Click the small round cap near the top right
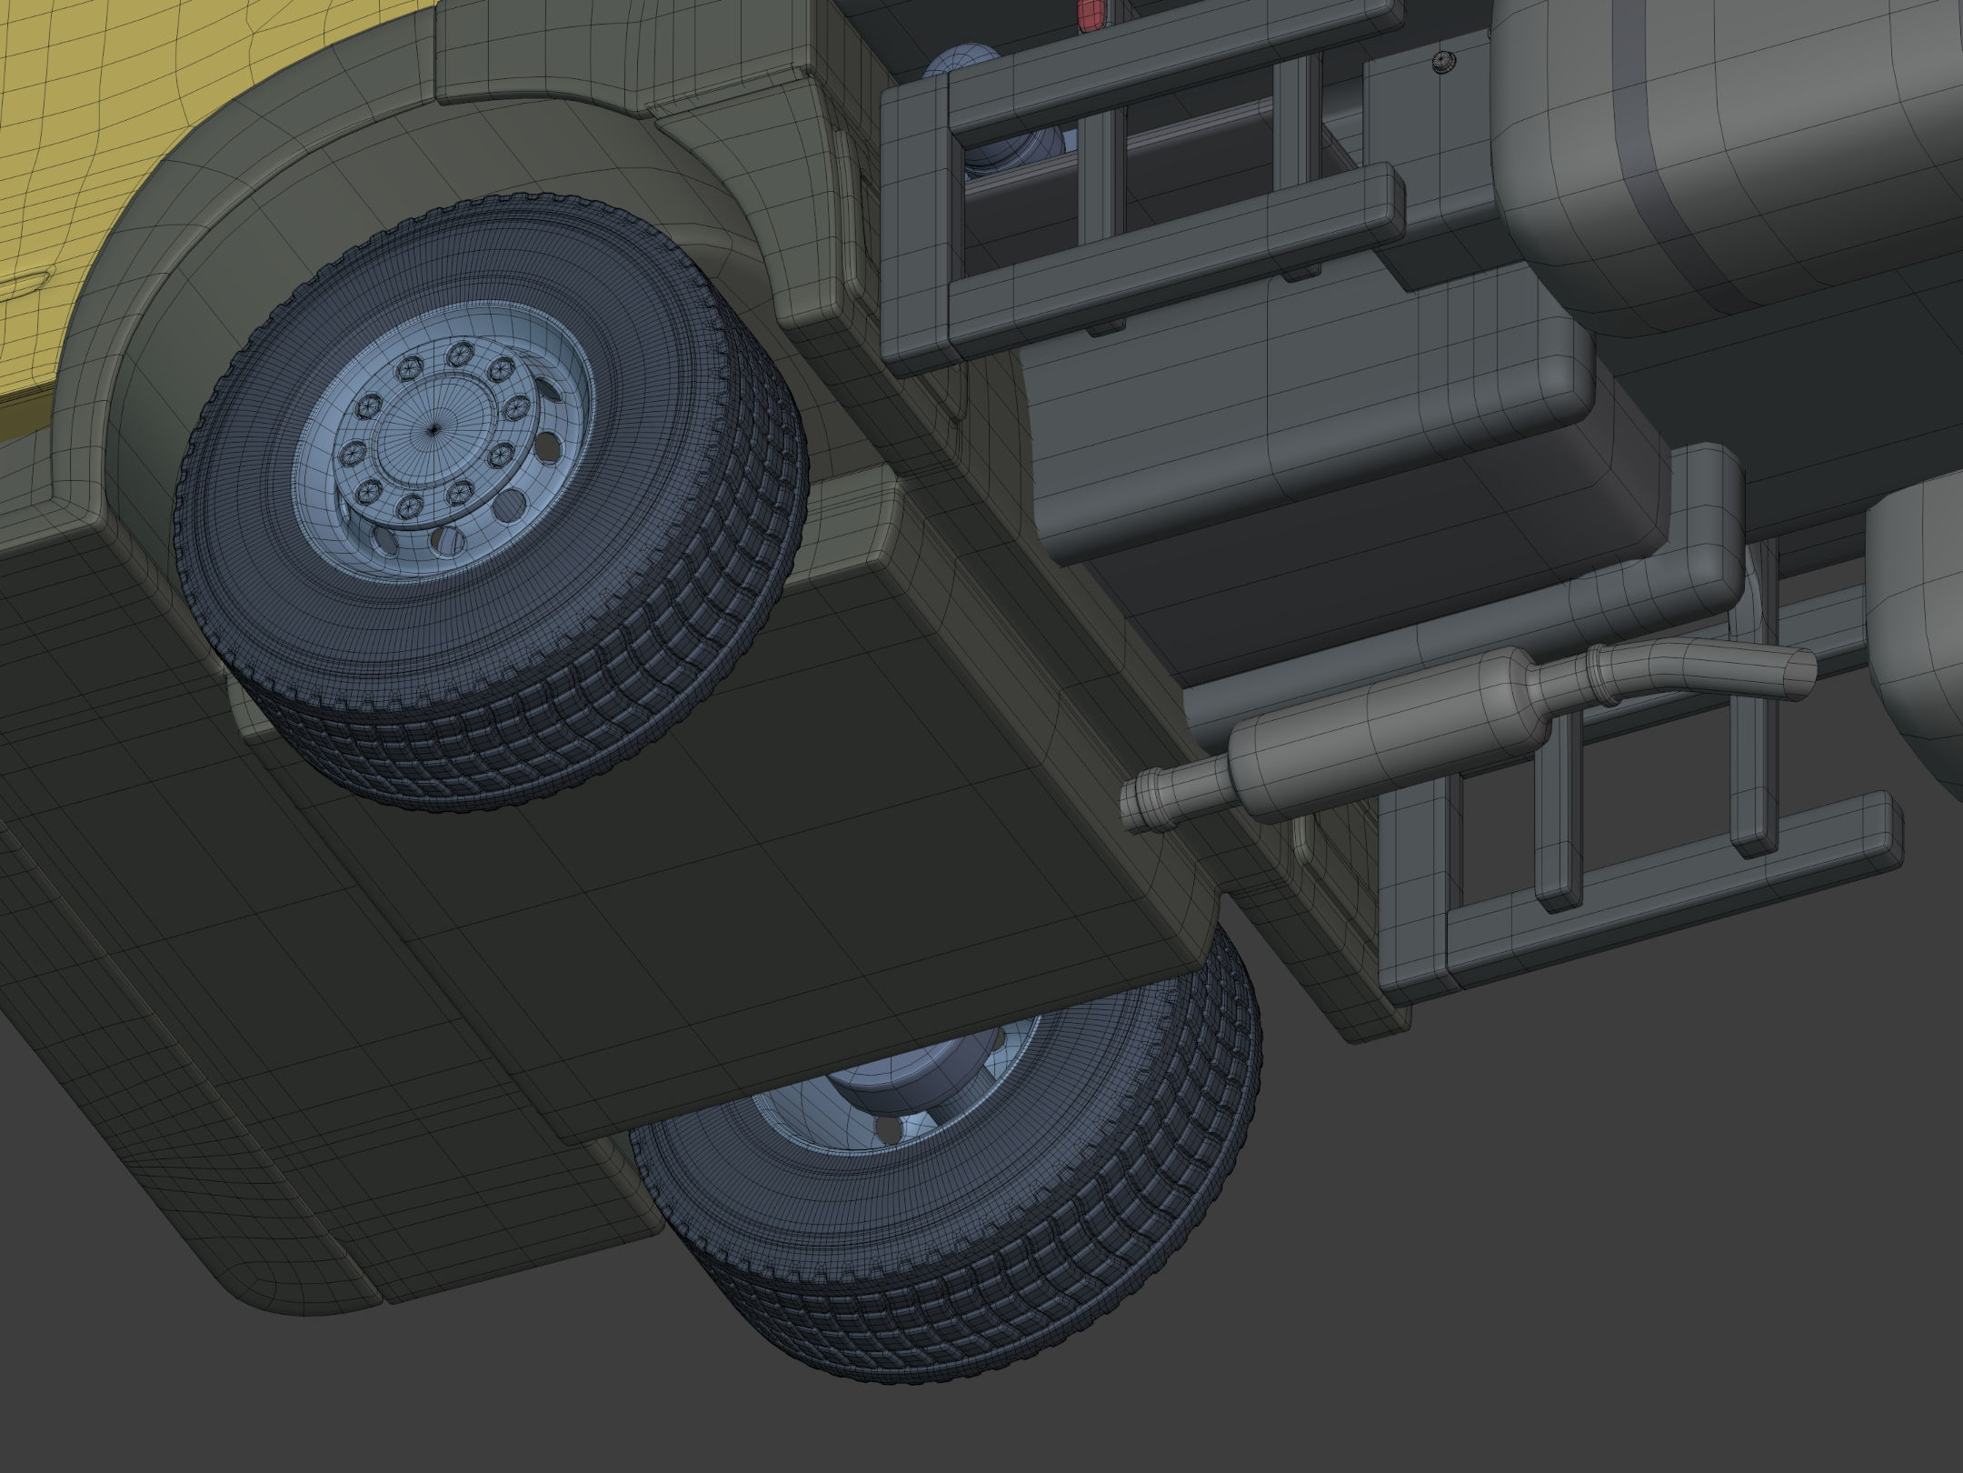click(1442, 62)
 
